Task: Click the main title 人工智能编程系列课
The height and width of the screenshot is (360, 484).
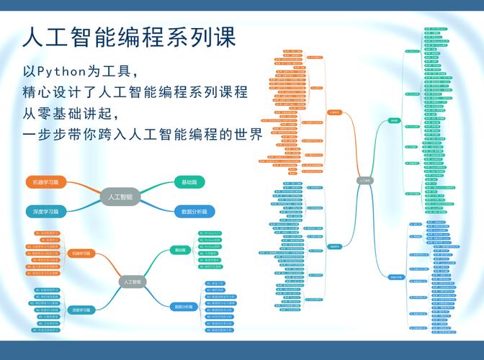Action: (x=129, y=37)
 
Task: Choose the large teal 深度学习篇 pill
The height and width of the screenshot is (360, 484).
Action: (x=46, y=212)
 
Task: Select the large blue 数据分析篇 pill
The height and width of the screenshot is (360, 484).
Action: (x=194, y=212)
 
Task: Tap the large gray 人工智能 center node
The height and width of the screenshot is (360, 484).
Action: (x=120, y=197)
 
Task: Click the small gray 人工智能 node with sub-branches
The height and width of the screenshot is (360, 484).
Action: (x=131, y=282)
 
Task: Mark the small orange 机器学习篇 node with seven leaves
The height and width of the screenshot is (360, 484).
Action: (x=81, y=253)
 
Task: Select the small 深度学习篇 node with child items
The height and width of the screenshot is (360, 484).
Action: (x=81, y=310)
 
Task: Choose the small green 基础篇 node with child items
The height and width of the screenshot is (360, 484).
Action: (x=179, y=250)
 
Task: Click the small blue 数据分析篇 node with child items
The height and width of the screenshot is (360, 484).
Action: (x=183, y=307)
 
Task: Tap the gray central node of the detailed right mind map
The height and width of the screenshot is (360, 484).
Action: (x=365, y=180)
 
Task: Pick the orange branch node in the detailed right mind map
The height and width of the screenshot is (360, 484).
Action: (x=334, y=112)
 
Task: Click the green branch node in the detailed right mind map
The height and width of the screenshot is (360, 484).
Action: (x=393, y=120)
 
